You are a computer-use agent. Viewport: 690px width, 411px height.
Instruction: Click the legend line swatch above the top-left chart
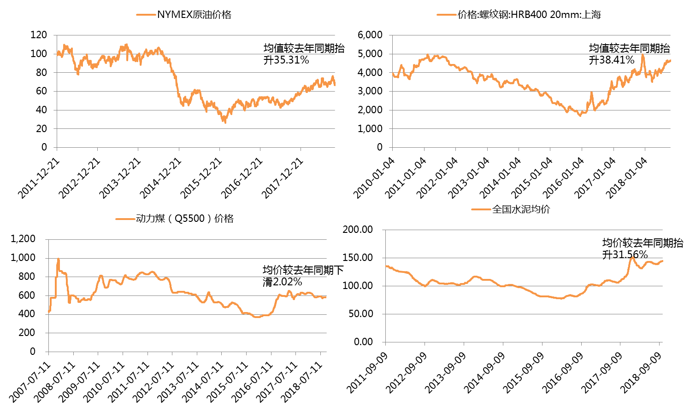(146, 15)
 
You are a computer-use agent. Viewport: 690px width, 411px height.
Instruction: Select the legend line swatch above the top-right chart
(446, 15)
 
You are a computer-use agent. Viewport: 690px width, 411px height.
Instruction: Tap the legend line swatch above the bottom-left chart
(125, 219)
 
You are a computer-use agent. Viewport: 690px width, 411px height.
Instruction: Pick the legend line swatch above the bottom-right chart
(481, 209)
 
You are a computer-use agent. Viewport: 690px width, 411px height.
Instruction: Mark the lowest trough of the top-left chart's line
(225, 122)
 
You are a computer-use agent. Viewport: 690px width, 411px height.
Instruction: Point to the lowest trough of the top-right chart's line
(580, 116)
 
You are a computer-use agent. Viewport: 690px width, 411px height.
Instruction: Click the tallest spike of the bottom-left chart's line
(58, 259)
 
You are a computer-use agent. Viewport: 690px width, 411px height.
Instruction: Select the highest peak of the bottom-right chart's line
(632, 257)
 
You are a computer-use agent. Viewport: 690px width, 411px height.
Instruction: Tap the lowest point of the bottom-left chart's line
(257, 317)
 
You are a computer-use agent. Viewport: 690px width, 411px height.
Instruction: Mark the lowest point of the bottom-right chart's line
(560, 299)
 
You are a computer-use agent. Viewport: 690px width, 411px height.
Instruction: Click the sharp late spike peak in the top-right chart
(643, 55)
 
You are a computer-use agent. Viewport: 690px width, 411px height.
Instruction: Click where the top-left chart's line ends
(335, 85)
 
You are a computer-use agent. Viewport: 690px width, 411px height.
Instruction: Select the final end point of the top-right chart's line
(670, 60)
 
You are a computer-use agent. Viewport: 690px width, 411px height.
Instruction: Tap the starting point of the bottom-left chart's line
(48, 312)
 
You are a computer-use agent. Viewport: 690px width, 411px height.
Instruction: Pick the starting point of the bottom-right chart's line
(386, 266)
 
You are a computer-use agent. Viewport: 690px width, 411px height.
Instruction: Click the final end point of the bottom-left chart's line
(326, 297)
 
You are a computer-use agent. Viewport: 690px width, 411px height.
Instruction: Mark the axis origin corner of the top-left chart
(57, 148)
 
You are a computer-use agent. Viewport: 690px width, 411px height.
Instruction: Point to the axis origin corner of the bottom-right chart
(385, 342)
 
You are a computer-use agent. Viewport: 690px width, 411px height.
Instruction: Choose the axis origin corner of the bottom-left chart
(48, 352)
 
